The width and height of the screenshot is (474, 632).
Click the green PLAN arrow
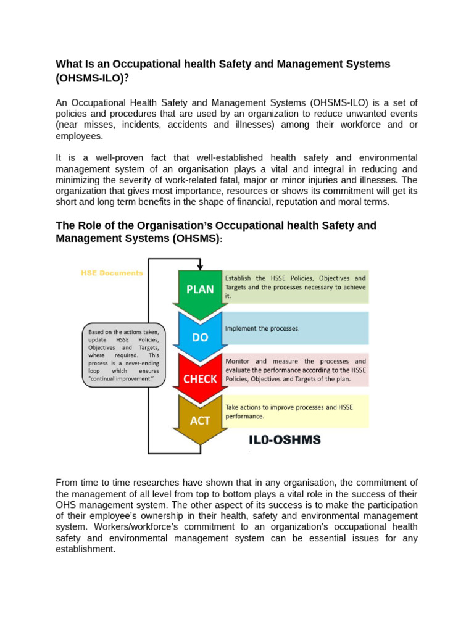click(200, 289)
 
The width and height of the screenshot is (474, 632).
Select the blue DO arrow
click(200, 336)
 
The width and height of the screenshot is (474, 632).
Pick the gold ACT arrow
click(200, 420)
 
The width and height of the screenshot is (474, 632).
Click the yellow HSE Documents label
click(112, 273)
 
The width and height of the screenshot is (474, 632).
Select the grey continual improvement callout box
click(124, 355)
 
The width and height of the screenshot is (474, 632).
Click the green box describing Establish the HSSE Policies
click(295, 286)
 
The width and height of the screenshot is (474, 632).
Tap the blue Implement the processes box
click(295, 328)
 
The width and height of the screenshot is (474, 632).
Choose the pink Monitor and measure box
click(295, 370)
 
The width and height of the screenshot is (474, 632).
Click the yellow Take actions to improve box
click(295, 412)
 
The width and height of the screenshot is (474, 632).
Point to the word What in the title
click(69, 64)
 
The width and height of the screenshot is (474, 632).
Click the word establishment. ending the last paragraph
click(85, 549)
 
